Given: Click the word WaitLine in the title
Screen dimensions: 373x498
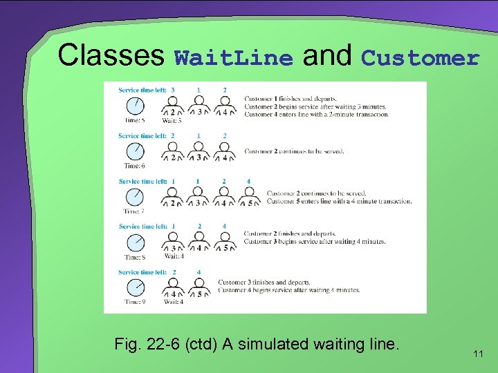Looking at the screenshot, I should (x=234, y=58).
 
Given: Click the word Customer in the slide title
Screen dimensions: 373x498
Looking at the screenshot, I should (x=420, y=58).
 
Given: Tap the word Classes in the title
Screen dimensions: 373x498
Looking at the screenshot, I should (x=111, y=55).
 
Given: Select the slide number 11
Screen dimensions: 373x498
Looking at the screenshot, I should (x=478, y=354).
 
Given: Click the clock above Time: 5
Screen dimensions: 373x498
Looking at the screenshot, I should (x=135, y=106).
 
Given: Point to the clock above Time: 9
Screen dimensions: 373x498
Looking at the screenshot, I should (x=135, y=287).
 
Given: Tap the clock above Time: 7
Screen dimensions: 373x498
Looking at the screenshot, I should (x=135, y=197).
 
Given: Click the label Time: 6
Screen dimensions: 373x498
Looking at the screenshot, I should (x=134, y=166).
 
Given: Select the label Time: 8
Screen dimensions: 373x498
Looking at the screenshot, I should (x=134, y=257).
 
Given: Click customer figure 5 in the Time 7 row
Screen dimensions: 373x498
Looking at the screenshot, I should (x=250, y=199).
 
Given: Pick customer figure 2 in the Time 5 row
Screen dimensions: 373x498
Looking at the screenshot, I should (x=173, y=108).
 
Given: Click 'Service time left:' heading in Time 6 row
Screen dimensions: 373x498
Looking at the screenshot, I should (x=142, y=136).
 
